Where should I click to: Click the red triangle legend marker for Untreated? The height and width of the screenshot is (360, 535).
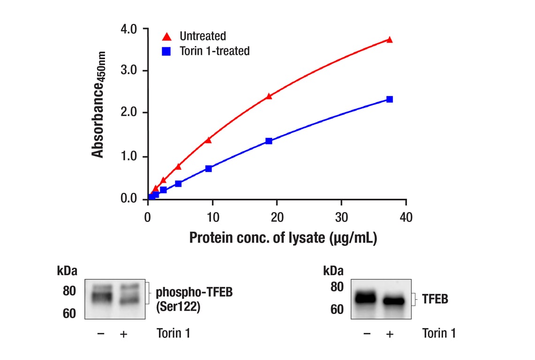tap(166, 36)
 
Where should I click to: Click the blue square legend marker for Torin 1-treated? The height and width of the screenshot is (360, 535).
tap(166, 51)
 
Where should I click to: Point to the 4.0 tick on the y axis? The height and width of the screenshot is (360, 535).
tap(129, 29)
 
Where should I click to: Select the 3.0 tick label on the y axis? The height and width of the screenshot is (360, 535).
tap(129, 71)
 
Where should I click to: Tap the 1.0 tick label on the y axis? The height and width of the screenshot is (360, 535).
tap(129, 157)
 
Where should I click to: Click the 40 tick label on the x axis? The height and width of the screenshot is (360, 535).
tap(406, 217)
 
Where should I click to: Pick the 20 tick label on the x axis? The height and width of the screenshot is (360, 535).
tap(277, 217)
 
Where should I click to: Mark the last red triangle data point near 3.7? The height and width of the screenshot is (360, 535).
tap(389, 40)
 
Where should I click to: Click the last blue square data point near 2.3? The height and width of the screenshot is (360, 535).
tap(390, 99)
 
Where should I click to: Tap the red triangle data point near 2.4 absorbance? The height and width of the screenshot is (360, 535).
tap(269, 96)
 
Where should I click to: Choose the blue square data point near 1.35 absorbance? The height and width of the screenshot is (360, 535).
tap(269, 141)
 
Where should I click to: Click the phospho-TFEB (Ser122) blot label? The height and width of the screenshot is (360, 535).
tap(194, 299)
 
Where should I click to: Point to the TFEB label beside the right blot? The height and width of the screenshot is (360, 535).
tap(435, 299)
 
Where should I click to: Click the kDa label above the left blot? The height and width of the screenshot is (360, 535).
tap(67, 271)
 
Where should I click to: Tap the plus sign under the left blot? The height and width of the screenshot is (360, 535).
tap(124, 334)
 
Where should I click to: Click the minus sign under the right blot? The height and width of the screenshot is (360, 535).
tap(367, 334)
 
